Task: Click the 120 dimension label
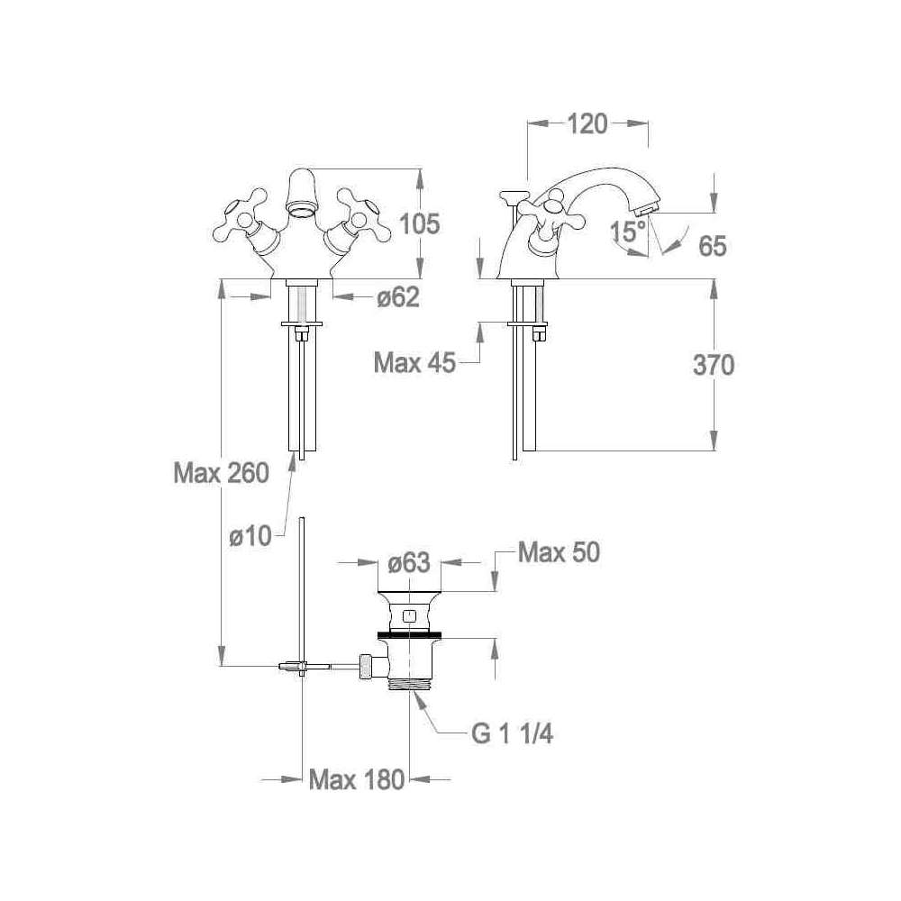point(587,124)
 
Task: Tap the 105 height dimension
point(420,223)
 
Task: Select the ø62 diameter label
point(398,297)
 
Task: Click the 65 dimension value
point(713,246)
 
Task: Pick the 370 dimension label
point(713,366)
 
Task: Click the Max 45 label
point(414,363)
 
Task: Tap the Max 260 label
point(222,474)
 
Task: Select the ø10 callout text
point(250,536)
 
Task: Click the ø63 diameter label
point(408,563)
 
